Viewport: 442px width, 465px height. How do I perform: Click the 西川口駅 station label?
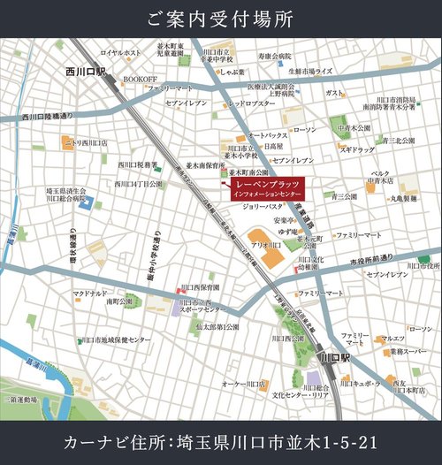86,70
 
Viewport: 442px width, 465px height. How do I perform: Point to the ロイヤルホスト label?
120,53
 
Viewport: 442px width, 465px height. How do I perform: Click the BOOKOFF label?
139,79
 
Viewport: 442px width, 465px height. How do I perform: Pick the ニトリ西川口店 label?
88,141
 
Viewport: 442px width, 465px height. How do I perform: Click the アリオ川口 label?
265,244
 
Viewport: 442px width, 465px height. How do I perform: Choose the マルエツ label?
392,339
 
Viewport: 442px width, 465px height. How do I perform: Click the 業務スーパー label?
406,352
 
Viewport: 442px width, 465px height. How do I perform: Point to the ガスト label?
334,93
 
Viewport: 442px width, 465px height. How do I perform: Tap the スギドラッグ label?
357,150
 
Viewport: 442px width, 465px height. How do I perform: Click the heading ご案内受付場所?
221,18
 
